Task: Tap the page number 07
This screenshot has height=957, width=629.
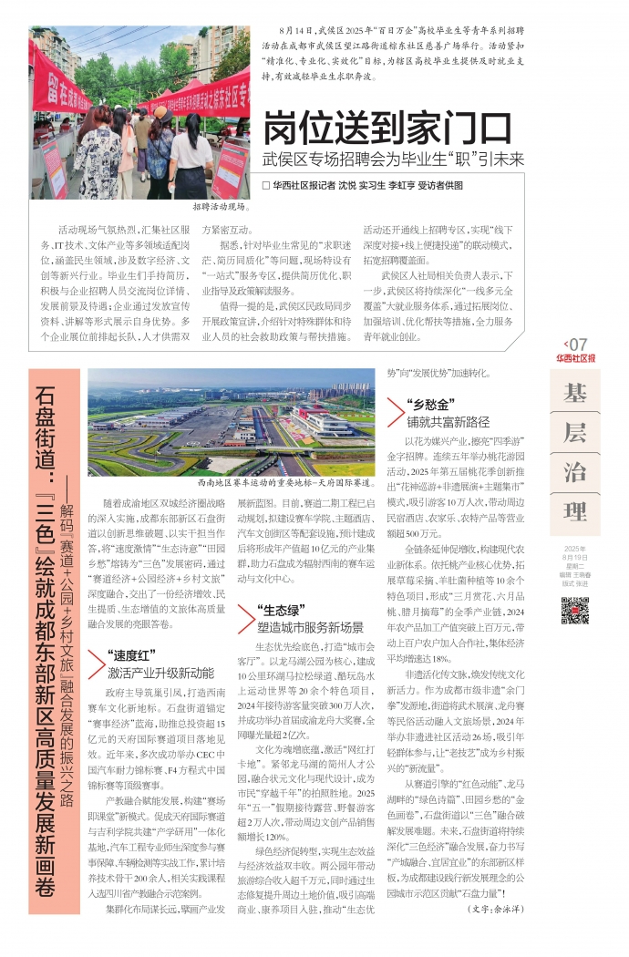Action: click(578, 344)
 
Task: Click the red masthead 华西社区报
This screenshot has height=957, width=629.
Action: click(575, 358)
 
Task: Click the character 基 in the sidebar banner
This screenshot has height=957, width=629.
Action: click(574, 394)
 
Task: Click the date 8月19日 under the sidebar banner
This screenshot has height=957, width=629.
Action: click(575, 556)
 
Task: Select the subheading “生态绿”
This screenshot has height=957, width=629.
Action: click(279, 583)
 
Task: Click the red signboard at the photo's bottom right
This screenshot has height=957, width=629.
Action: click(232, 169)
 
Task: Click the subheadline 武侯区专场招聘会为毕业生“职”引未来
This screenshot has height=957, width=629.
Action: click(393, 159)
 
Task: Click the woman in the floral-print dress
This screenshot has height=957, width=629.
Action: click(98, 155)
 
